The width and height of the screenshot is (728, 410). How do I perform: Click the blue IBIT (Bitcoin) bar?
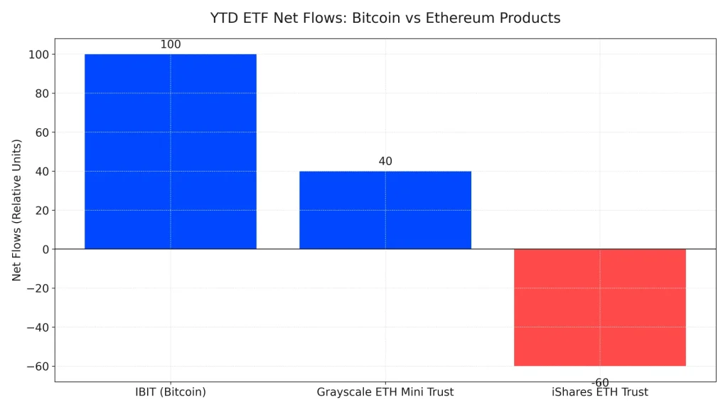(x=171, y=151)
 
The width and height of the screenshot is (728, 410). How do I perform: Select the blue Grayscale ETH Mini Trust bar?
(x=385, y=210)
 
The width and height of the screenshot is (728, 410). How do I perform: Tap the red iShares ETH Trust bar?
(x=599, y=307)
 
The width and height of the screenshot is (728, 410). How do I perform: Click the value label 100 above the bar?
(x=171, y=45)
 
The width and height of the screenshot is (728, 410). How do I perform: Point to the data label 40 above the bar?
(x=385, y=162)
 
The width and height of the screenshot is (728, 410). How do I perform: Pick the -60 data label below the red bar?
(x=599, y=383)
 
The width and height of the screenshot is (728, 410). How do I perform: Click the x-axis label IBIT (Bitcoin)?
(x=171, y=392)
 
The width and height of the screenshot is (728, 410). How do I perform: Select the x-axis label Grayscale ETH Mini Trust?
(x=385, y=392)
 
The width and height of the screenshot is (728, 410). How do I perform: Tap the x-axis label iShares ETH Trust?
(x=599, y=392)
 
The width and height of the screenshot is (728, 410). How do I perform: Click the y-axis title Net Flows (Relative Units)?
(x=17, y=210)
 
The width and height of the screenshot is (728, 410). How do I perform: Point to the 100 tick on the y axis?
(x=38, y=54)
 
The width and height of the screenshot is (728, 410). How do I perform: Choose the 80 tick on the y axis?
(x=41, y=93)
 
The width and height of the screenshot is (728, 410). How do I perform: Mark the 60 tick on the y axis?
(x=41, y=132)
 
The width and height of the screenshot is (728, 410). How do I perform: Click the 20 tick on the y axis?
(x=41, y=211)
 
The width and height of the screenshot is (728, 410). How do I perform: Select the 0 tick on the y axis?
(x=44, y=249)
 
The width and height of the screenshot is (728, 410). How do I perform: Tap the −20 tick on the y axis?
(x=38, y=288)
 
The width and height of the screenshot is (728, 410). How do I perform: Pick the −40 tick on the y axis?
(x=38, y=327)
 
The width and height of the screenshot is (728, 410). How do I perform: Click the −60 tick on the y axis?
(x=38, y=367)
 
